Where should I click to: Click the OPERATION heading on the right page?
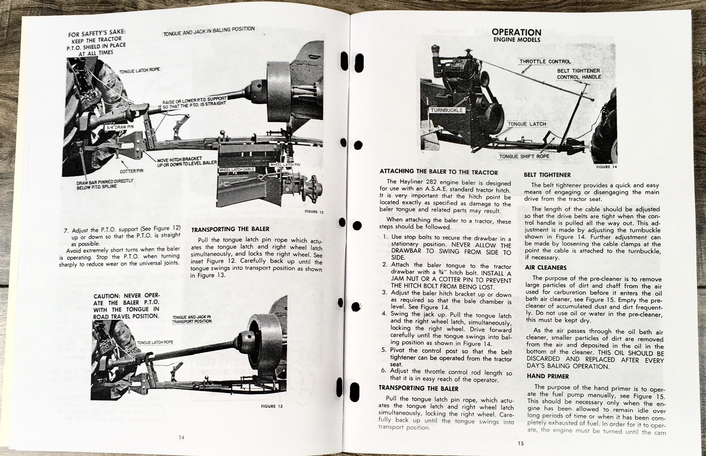click(x=516, y=32)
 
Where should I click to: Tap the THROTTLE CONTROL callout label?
click(x=545, y=62)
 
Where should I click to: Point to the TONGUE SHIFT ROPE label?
click(x=524, y=156)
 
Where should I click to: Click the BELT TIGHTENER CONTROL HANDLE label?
click(x=579, y=74)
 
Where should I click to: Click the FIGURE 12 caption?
click(x=314, y=212)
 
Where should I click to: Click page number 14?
click(x=182, y=437)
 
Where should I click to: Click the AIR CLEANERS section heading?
click(x=546, y=268)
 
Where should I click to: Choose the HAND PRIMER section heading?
click(x=548, y=376)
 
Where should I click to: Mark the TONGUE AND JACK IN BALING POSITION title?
click(x=209, y=31)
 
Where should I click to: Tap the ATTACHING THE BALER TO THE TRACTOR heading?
click(x=438, y=172)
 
